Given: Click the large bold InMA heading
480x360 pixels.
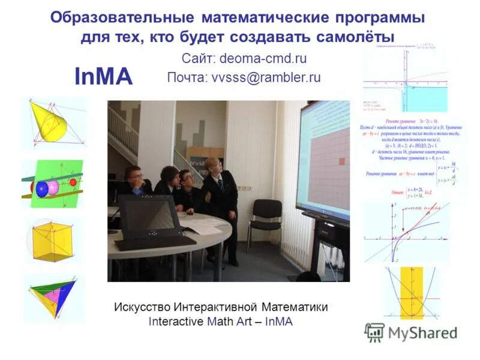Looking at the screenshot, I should (103, 77).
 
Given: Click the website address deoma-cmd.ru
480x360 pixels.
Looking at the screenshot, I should (263, 59).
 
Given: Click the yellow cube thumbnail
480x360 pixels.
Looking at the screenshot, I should (53, 241).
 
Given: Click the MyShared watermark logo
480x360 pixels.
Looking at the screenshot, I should (411, 332).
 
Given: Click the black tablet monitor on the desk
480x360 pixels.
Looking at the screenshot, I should (149, 216).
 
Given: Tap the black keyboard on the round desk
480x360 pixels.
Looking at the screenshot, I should (155, 242).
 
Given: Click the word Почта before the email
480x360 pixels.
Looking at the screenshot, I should (187, 77).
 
